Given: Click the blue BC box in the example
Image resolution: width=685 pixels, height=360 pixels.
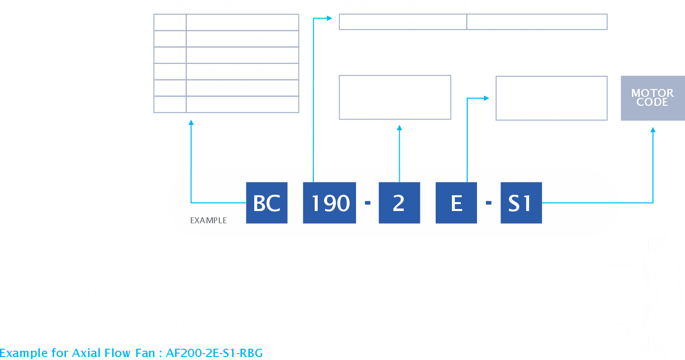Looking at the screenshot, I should coord(267,203).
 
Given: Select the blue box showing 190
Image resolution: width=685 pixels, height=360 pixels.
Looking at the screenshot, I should coord(329,203).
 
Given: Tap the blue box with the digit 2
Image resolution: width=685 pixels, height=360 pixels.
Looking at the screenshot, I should coord(399,203).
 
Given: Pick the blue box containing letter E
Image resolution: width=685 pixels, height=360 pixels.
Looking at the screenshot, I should coord(456,203).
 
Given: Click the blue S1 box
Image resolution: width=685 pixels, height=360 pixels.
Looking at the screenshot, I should coord(521,203).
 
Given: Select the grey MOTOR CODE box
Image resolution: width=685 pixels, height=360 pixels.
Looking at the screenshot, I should coord(652,98).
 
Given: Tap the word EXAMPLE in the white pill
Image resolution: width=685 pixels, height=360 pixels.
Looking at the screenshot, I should coord(208,220).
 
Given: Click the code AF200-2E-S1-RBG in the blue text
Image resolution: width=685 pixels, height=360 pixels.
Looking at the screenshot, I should coord(214,353).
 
